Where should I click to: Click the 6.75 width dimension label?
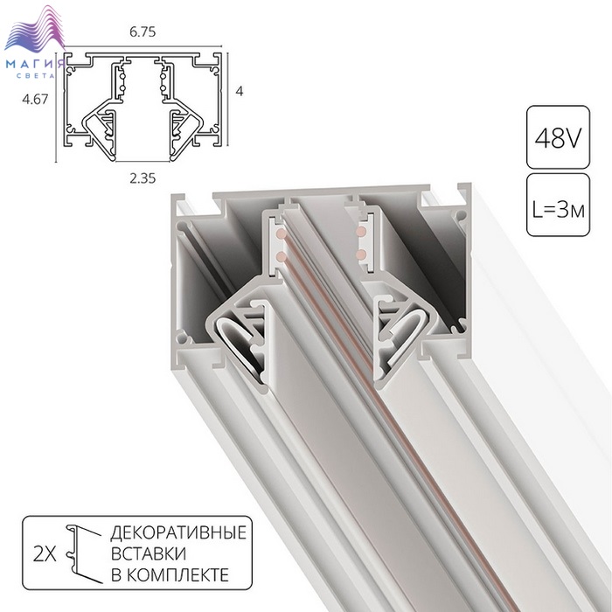pos(143,31)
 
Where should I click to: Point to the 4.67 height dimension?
pos(35,99)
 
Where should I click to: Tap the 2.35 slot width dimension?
pos(143,178)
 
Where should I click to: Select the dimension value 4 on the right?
pos(240,91)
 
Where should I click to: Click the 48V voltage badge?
pos(558,137)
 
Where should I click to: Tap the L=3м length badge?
pos(558,205)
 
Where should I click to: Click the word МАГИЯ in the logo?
pos(35,64)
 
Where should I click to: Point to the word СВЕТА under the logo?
pos(36,75)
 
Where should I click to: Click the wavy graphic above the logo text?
pos(34,31)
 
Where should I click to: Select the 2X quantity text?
pos(45,553)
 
